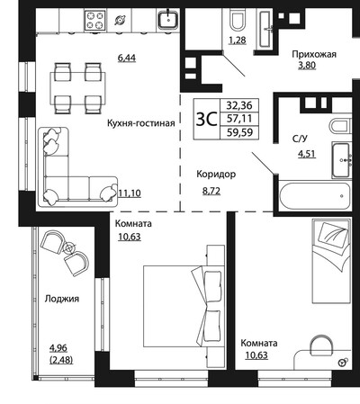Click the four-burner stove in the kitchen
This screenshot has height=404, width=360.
pyautogui.click(x=95, y=21)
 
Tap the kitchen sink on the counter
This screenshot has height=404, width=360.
pyautogui.click(x=168, y=19)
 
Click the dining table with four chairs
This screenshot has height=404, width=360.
pyautogui.click(x=77, y=88)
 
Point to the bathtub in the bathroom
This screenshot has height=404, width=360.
pyautogui.click(x=315, y=195)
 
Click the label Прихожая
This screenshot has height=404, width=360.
pyautogui.click(x=314, y=54)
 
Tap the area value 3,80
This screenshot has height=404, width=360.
pyautogui.click(x=307, y=65)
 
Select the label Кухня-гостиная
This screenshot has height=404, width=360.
pyautogui.click(x=141, y=123)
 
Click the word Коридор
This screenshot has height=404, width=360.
pyautogui.click(x=216, y=174)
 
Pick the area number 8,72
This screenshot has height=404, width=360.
pyautogui.click(x=211, y=191)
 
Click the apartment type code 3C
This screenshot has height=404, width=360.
pyautogui.click(x=206, y=119)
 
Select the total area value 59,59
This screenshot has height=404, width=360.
pyautogui.click(x=239, y=132)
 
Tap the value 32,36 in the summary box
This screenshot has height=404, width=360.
pyautogui.click(x=239, y=105)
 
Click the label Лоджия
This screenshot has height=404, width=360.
pyautogui.click(x=62, y=299)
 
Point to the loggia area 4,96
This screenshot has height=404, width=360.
pyautogui.click(x=58, y=348)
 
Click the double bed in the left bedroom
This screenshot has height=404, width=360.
pyautogui.click(x=184, y=306)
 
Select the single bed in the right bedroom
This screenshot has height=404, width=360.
pyautogui.click(x=331, y=261)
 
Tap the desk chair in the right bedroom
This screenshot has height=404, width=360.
pyautogui.click(x=322, y=344)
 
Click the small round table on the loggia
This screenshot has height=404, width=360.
pyautogui.click(x=69, y=248)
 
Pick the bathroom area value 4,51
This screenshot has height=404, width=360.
pyautogui.click(x=307, y=154)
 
